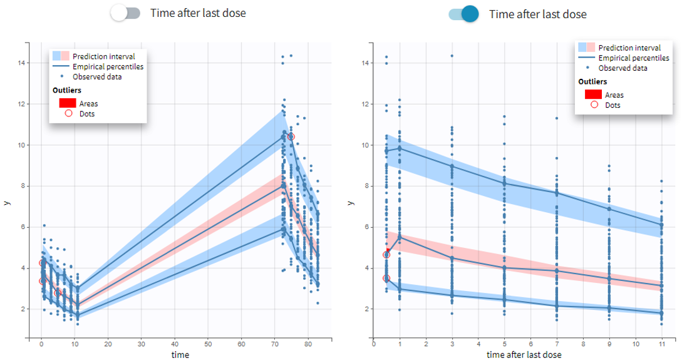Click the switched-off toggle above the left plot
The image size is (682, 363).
(x=125, y=13)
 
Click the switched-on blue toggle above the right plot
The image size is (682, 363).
(x=463, y=14)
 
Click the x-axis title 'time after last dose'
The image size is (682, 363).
(x=524, y=355)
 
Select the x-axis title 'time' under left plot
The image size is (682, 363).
(x=180, y=355)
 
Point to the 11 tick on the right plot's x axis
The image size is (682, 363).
(x=661, y=343)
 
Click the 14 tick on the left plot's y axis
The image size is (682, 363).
(x=21, y=63)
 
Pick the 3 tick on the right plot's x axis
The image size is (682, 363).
(x=452, y=343)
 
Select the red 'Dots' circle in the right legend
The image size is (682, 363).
(x=594, y=105)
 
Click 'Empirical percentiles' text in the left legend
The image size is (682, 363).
(x=108, y=67)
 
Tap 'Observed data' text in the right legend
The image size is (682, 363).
(x=623, y=68)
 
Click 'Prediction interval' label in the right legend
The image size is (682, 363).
(x=629, y=48)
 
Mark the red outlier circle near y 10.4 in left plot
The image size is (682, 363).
(x=291, y=136)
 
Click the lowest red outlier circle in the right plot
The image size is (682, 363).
(x=386, y=278)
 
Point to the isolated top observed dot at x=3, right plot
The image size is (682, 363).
(x=452, y=56)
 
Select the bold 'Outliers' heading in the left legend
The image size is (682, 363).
(x=67, y=90)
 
